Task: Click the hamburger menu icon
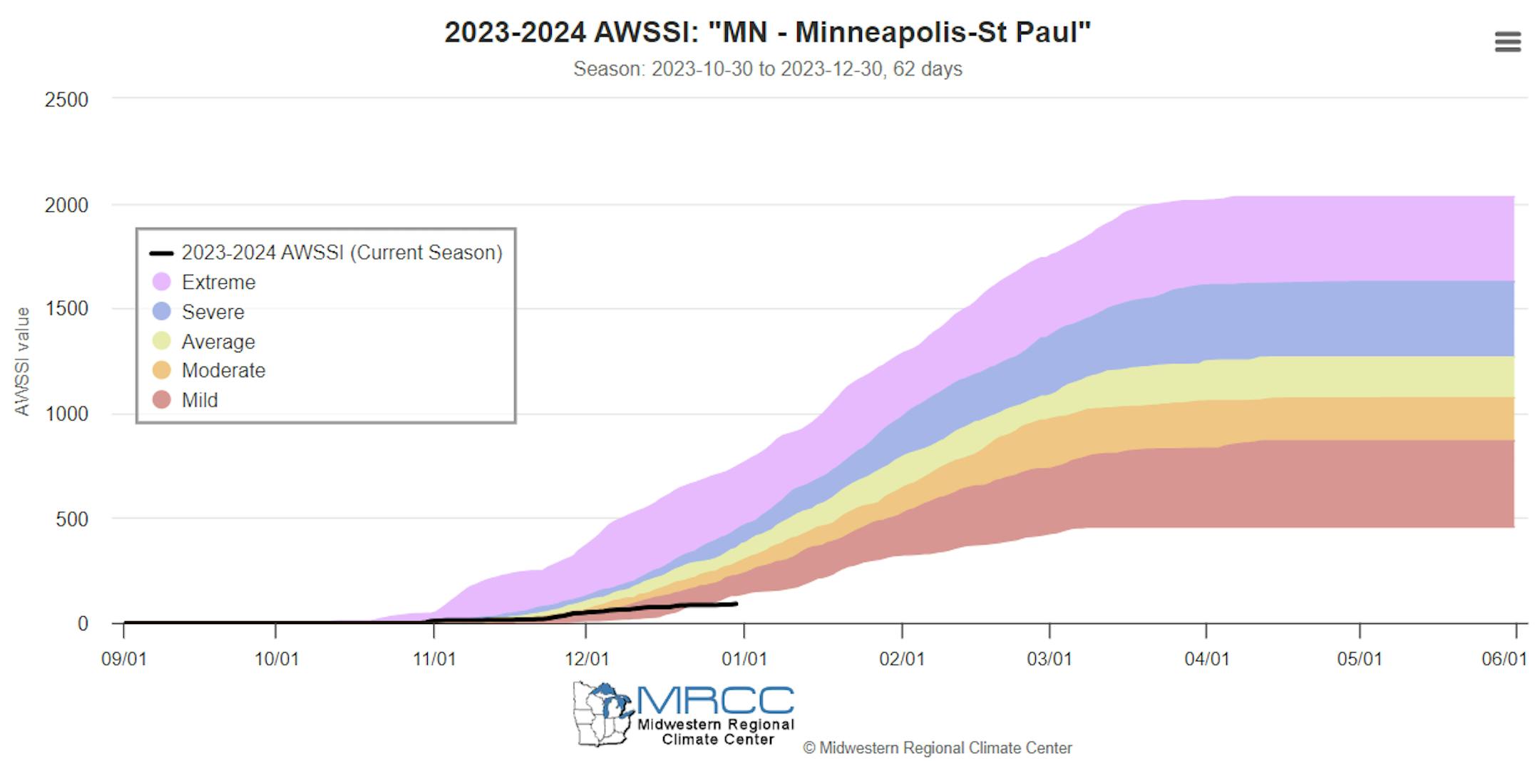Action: pos(1507,41)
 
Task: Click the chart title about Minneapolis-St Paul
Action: pos(767,33)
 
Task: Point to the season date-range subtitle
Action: pos(767,69)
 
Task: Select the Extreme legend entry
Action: pos(218,282)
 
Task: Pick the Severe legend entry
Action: pos(212,312)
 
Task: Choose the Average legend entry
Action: pos(217,342)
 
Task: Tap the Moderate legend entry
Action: pos(223,371)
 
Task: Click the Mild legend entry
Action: pos(199,400)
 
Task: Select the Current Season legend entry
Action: pos(342,252)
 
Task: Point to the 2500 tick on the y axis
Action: pos(66,100)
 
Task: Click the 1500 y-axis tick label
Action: pos(66,309)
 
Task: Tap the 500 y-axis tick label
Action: pos(72,519)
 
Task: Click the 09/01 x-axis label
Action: pos(124,658)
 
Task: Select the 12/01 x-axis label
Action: pos(587,658)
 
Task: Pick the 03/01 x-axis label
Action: pos(1049,658)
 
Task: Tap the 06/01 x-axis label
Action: pos(1504,658)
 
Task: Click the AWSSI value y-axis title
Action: pos(22,362)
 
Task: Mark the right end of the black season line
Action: pos(736,604)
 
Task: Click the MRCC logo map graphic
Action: pos(602,714)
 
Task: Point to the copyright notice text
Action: pos(937,748)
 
